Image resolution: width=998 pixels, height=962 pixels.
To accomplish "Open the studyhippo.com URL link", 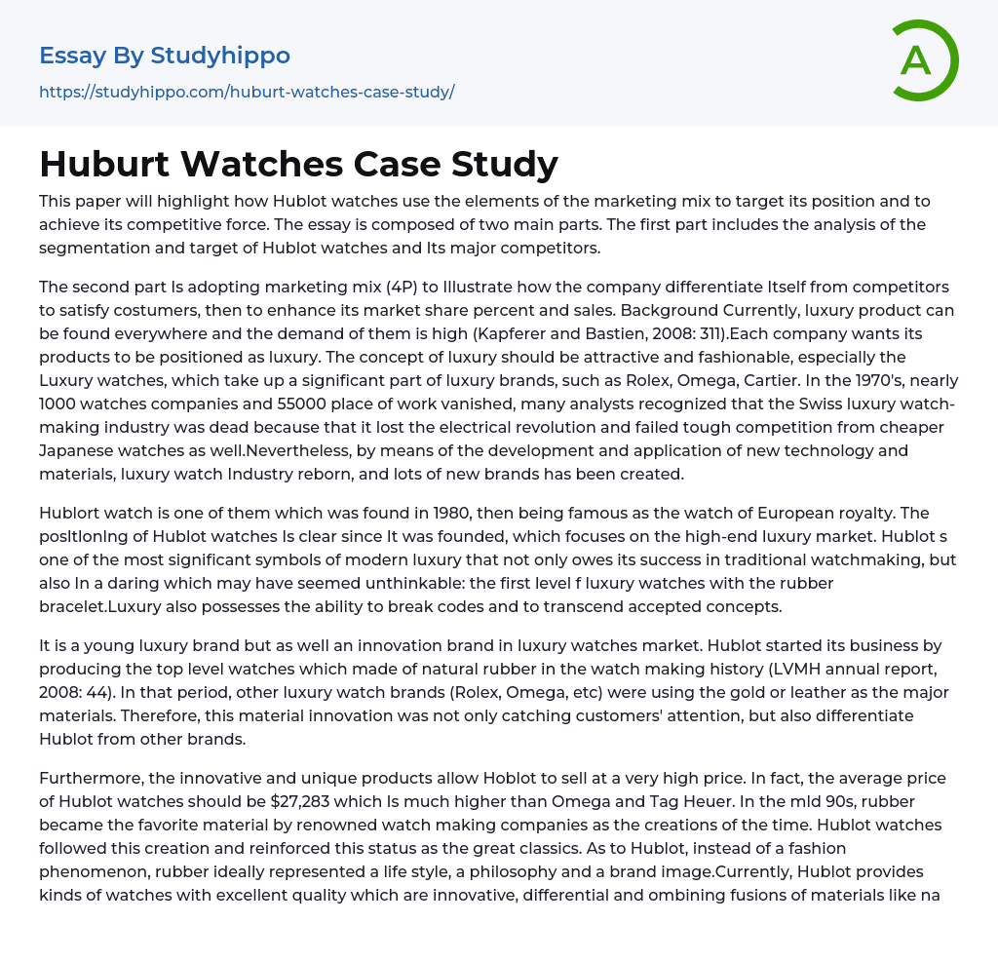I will (247, 93).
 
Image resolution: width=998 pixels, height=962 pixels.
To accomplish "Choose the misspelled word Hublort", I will (74, 513).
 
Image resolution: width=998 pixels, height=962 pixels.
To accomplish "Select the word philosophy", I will (508, 871).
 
